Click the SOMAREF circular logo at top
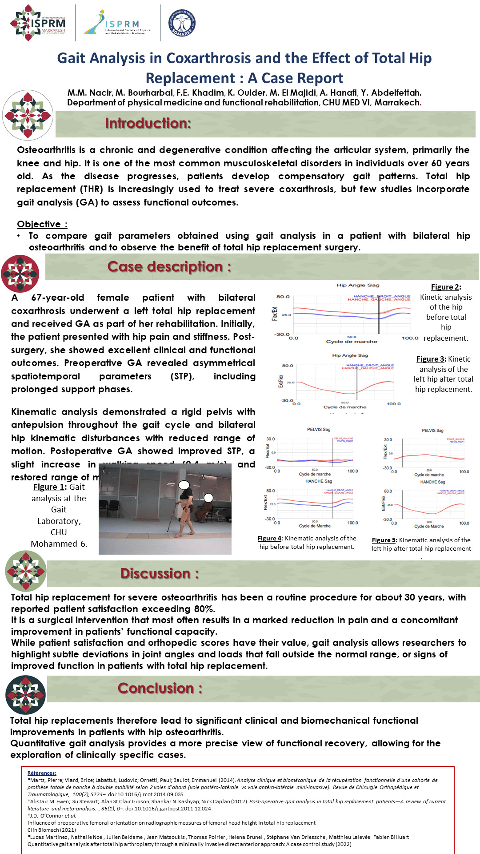pyautogui.click(x=182, y=23)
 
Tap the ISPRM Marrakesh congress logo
pyautogui.click(x=38, y=23)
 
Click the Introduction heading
pyautogui.click(x=148, y=123)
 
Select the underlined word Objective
pyautogui.click(x=39, y=224)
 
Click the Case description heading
pyautogui.click(x=169, y=266)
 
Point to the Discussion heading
pyautogui.click(x=160, y=573)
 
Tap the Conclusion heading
pyautogui.click(x=160, y=688)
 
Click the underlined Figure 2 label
pyautogui.click(x=445, y=287)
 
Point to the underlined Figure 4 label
pyautogui.click(x=269, y=538)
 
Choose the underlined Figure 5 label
pyautogui.click(x=384, y=540)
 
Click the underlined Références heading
pyautogui.click(x=42, y=773)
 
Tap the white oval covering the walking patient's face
pyautogui.click(x=184, y=485)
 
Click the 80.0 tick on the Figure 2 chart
pyautogui.click(x=283, y=297)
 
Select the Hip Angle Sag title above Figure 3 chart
pyautogui.click(x=350, y=355)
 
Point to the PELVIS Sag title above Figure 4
pyautogui.click(x=319, y=429)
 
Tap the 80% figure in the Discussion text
pyautogui.click(x=204, y=609)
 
